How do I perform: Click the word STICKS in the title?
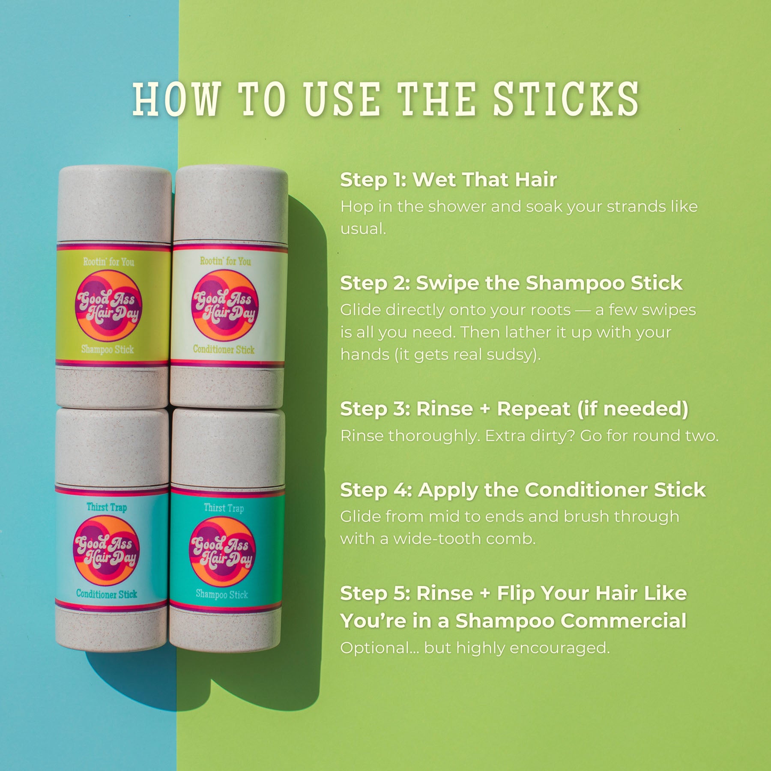[x=566, y=99]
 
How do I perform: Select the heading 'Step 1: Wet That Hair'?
[x=448, y=179]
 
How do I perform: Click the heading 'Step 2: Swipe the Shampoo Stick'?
[x=511, y=283]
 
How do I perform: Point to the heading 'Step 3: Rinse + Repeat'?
[x=514, y=409]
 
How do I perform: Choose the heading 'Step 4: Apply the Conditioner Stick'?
[x=523, y=490]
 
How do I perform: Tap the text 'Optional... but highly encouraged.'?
[x=475, y=648]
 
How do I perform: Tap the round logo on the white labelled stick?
[x=224, y=305]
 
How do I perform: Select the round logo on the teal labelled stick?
[x=222, y=551]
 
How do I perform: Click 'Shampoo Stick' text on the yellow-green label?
[x=108, y=350]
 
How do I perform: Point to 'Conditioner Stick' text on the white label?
[x=224, y=350]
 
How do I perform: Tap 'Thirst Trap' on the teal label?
[x=224, y=508]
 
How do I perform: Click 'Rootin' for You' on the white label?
[x=225, y=261]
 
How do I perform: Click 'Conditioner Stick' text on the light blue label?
[x=107, y=594]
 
